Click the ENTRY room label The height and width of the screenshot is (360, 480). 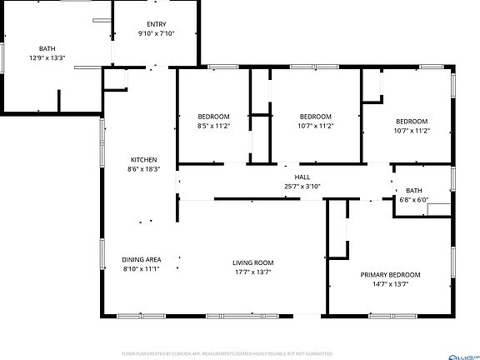[156, 24]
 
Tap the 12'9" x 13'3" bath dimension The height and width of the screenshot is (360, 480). [46, 58]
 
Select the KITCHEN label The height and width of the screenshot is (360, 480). [143, 160]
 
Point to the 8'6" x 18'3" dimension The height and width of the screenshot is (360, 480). [143, 169]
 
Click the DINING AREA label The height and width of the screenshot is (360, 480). [141, 259]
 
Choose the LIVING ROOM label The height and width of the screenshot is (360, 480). [253, 262]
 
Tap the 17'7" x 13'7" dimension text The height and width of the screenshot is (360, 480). [253, 272]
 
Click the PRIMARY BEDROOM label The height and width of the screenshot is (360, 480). [390, 275]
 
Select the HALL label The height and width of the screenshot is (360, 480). [302, 177]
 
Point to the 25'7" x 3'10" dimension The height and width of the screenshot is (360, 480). [302, 186]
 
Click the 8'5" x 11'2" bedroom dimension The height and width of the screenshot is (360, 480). [213, 126]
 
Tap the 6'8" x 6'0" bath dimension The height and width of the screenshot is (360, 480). [414, 200]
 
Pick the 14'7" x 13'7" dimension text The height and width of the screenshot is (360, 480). [390, 284]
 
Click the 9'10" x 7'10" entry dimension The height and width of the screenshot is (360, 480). [156, 33]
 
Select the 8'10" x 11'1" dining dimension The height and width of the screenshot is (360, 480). [141, 268]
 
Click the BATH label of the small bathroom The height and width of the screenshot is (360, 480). [414, 191]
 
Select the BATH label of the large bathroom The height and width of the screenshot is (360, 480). [46, 49]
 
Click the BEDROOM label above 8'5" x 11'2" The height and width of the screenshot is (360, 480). [213, 116]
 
